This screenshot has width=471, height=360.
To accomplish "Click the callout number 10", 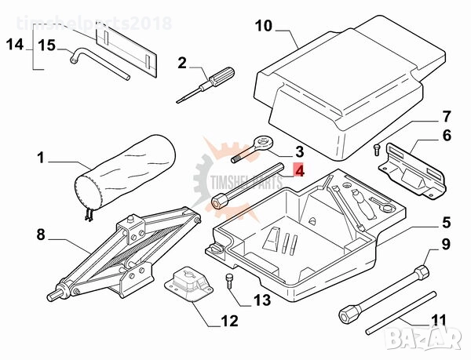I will (x=263, y=27).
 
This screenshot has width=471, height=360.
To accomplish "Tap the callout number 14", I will (x=14, y=44).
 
